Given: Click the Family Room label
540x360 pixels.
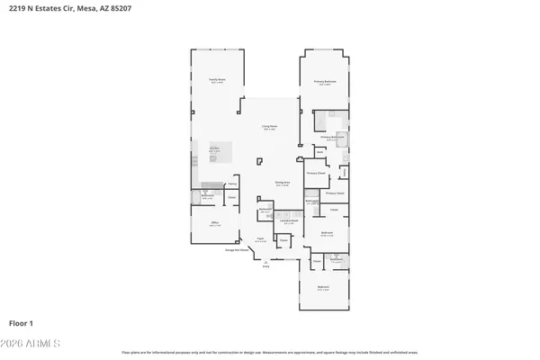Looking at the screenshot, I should click(x=217, y=80).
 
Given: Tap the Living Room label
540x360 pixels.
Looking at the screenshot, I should click(x=268, y=127).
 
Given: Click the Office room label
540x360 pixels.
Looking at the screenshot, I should click(x=215, y=222).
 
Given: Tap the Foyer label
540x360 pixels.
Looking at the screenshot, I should click(x=259, y=238).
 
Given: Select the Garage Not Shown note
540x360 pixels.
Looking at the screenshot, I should click(x=236, y=250).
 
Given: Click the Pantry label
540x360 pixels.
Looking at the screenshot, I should click(x=231, y=184).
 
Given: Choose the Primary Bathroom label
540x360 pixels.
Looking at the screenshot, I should click(x=332, y=138).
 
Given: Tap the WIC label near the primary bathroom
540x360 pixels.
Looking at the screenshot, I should click(x=319, y=152).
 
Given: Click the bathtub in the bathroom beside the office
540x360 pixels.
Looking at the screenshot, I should click(x=195, y=197).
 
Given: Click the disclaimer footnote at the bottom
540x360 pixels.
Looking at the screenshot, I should click(x=269, y=352).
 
